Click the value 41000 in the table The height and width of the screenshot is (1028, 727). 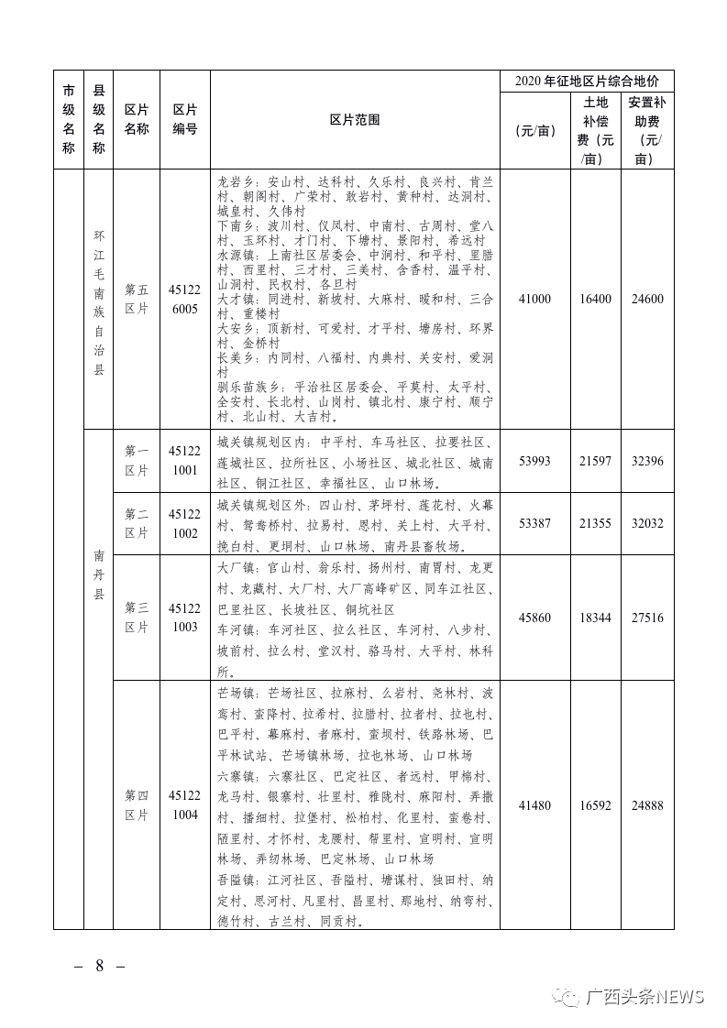tap(534, 299)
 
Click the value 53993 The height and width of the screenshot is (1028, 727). tap(534, 461)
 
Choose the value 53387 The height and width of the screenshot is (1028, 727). tap(534, 523)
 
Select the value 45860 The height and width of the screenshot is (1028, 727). tap(534, 618)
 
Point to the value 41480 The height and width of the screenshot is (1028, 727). tap(534, 805)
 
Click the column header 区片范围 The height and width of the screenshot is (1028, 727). tap(355, 120)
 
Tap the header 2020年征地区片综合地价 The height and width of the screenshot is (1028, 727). tap(587, 82)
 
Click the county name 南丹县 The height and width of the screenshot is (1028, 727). tap(99, 574)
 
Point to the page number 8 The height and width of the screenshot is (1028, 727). tap(99, 967)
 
